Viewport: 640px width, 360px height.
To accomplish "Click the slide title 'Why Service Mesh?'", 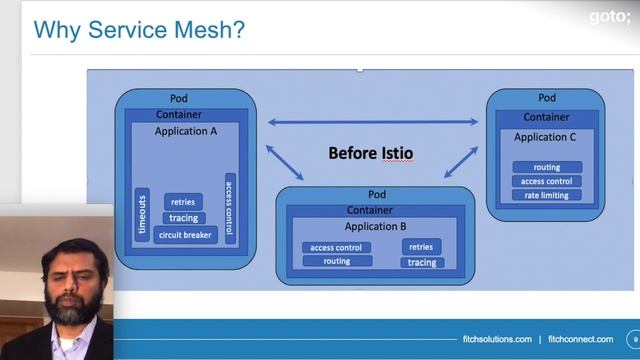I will [x=139, y=30].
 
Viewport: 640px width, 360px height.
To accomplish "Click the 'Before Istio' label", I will [x=371, y=153].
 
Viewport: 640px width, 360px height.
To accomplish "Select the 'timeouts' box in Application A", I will [x=142, y=216].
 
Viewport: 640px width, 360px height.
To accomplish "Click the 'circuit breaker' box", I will [x=184, y=235].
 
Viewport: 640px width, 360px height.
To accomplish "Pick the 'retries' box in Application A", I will [x=183, y=202].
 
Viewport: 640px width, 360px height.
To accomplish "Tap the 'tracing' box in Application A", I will [x=183, y=218].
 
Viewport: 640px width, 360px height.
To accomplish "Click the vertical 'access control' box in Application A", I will [x=230, y=207].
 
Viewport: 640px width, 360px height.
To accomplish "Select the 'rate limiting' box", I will [x=547, y=195].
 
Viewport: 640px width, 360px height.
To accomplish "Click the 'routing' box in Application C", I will [x=547, y=167].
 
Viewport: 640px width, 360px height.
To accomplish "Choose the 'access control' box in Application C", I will [x=547, y=181].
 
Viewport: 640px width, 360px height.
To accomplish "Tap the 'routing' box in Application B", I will [x=336, y=261].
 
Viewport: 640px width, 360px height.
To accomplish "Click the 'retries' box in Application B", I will [x=421, y=246].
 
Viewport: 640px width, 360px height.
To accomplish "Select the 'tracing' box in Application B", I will [x=421, y=263].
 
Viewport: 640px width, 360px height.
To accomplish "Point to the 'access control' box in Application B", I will [x=336, y=247].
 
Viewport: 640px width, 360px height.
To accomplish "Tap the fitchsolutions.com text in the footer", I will [x=496, y=340].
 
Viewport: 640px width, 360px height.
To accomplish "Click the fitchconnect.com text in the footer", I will [x=581, y=340].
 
